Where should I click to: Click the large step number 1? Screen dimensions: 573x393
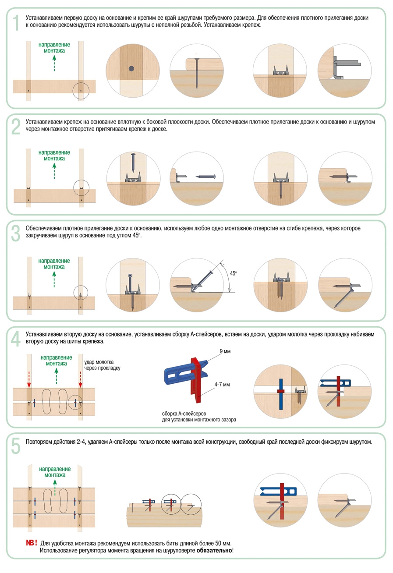16,23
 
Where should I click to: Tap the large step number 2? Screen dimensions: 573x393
16,127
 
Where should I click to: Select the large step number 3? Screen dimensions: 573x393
16,233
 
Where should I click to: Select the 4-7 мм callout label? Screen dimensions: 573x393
222,384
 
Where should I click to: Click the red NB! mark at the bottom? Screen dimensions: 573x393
32,543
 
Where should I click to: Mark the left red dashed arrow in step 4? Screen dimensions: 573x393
29,379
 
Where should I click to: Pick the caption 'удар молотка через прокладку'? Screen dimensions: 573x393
102,365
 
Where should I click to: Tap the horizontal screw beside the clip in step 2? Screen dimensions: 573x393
206,176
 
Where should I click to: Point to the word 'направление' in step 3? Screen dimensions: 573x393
54,261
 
